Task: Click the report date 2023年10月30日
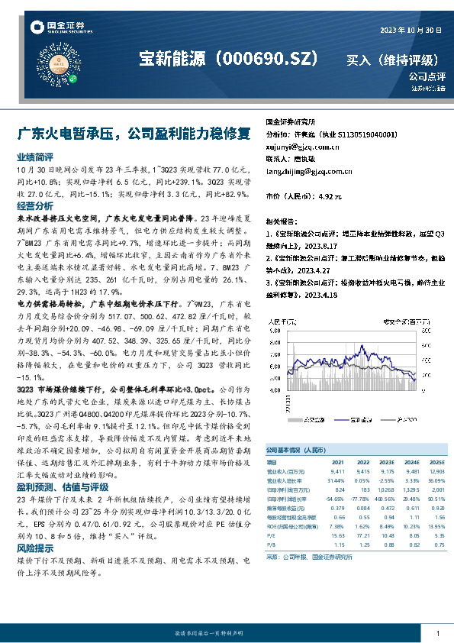pyautogui.click(x=411, y=30)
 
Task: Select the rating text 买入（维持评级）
pyautogui.click(x=393, y=60)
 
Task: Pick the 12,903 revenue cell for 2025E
pyautogui.click(x=436, y=472)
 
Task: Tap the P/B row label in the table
pyautogui.click(x=271, y=546)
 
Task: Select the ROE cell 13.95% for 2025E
pyautogui.click(x=436, y=527)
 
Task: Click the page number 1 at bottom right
pyautogui.click(x=437, y=634)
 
